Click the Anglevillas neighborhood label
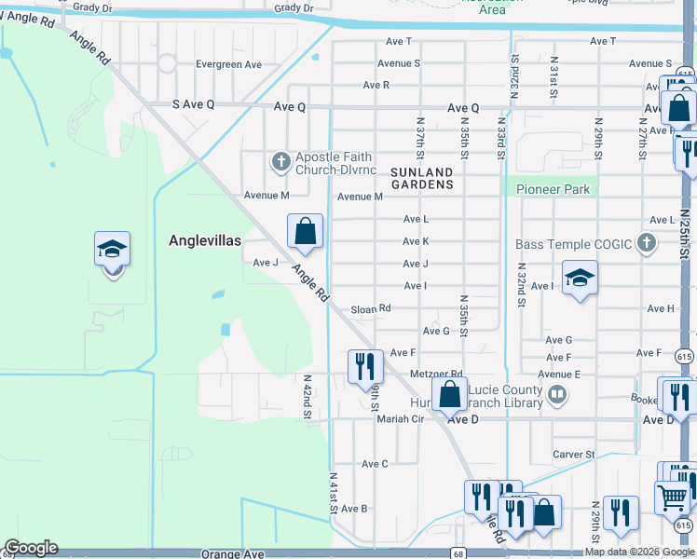(205, 240)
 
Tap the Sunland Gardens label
(421, 178)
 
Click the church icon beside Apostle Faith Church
(280, 162)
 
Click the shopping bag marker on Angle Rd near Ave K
(305, 230)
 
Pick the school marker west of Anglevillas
(112, 251)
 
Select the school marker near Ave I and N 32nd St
(580, 277)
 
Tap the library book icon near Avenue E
(557, 395)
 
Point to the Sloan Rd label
(371, 308)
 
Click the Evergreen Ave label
(229, 65)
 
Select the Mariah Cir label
(400, 419)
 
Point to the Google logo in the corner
(31, 548)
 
